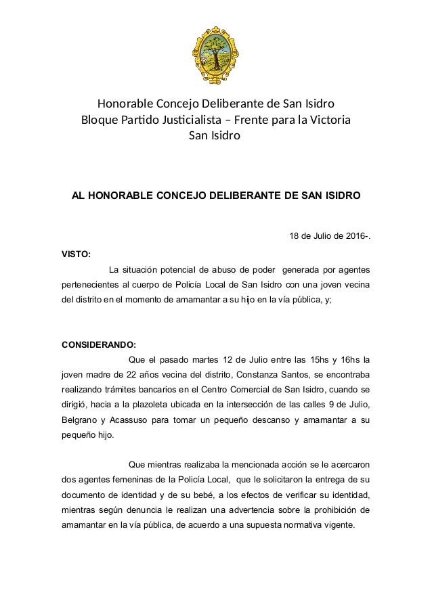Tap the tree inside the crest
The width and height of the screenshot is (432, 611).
pos(216,46)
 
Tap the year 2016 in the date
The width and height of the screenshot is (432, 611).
pos(352,236)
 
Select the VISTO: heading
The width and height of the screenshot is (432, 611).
pos(76,255)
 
